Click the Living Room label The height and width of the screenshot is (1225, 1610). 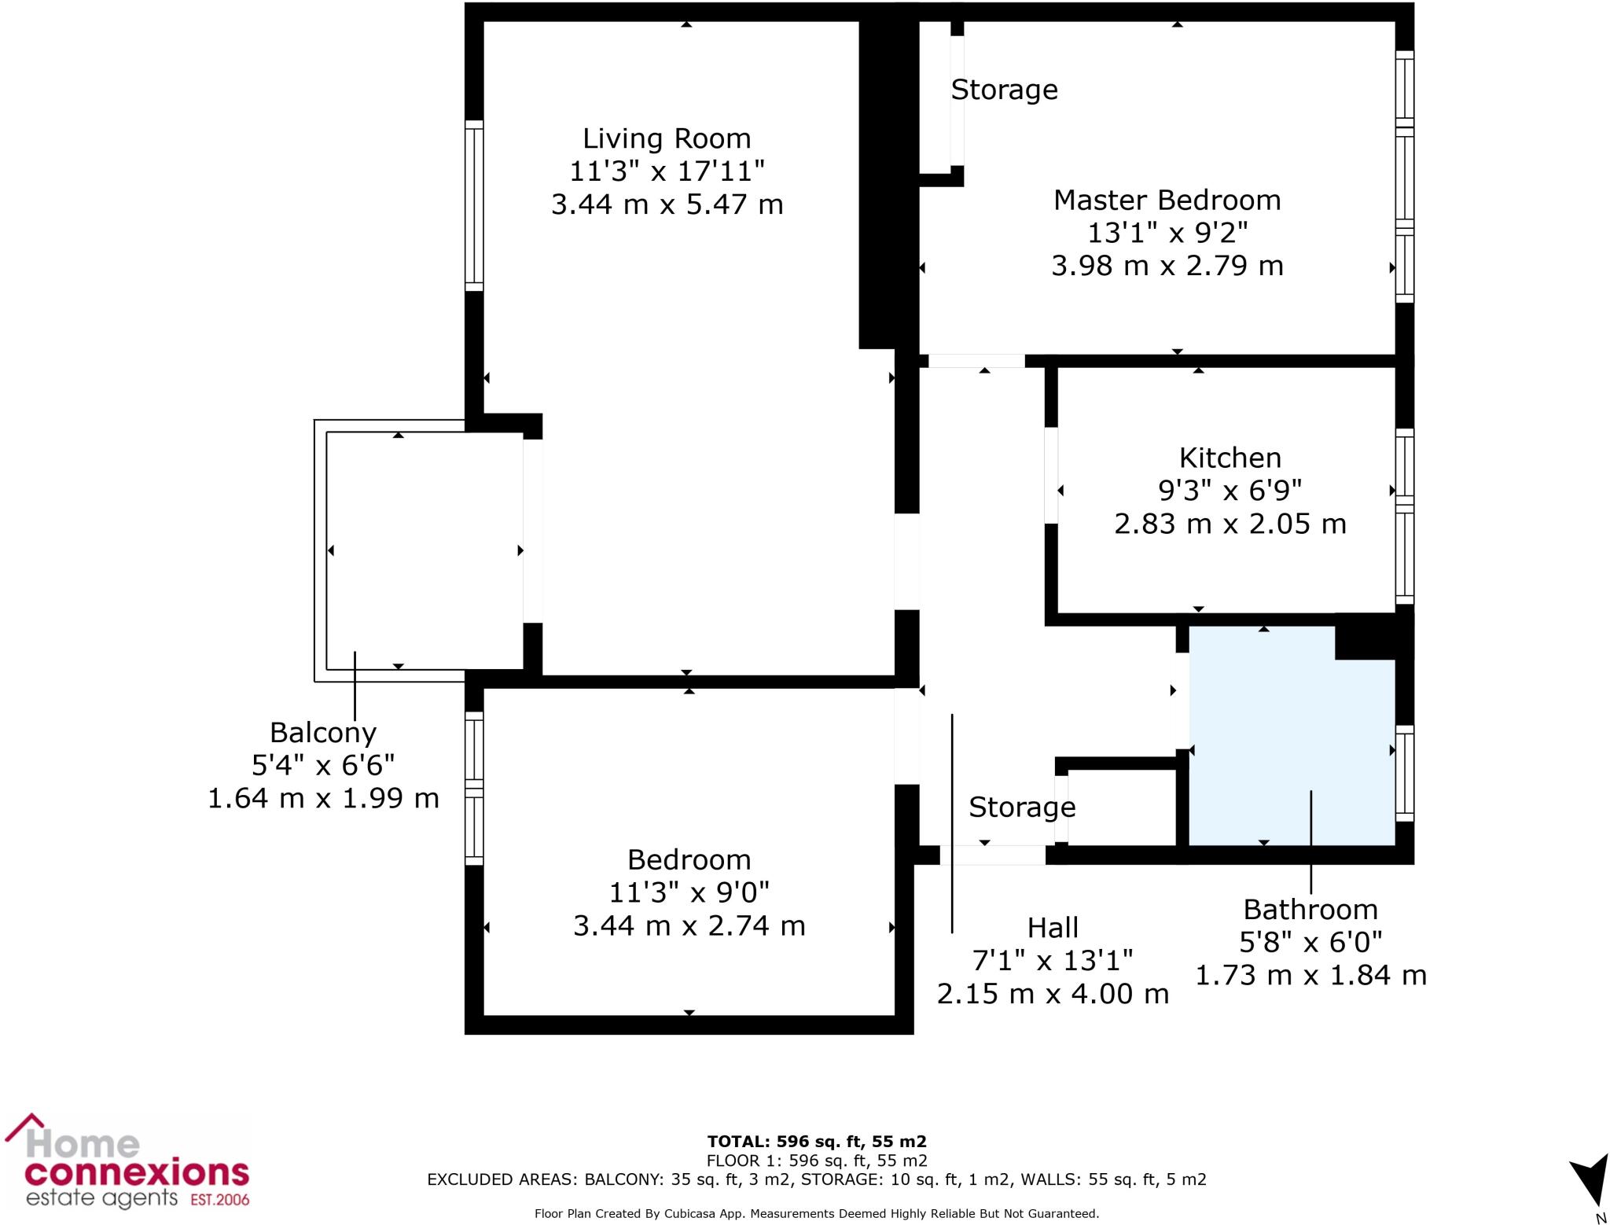pos(667,138)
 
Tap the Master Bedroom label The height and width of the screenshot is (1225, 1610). pos(1167,200)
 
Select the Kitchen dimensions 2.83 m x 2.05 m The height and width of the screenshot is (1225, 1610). pos(1230,524)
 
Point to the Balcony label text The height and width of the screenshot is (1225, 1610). pos(323,732)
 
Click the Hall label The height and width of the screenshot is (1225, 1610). pos(1053,928)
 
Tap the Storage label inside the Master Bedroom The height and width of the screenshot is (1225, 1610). pos(1004,90)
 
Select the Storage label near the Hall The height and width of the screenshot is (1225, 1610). pos(1021,807)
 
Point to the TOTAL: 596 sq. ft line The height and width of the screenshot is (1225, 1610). pos(816,1141)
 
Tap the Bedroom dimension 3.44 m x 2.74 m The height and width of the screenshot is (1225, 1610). pos(689,925)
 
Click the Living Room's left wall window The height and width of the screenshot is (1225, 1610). pos(474,206)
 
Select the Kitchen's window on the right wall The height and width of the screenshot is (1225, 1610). pos(1404,517)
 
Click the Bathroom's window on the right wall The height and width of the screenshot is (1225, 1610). pos(1404,773)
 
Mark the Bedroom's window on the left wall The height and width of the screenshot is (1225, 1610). pos(474,788)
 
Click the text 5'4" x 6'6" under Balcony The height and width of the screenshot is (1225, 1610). pos(323,764)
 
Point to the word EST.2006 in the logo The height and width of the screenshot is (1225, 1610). pos(219,1200)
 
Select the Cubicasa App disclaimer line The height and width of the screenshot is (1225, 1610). pos(816,1213)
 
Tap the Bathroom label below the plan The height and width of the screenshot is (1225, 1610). pos(1310,910)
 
